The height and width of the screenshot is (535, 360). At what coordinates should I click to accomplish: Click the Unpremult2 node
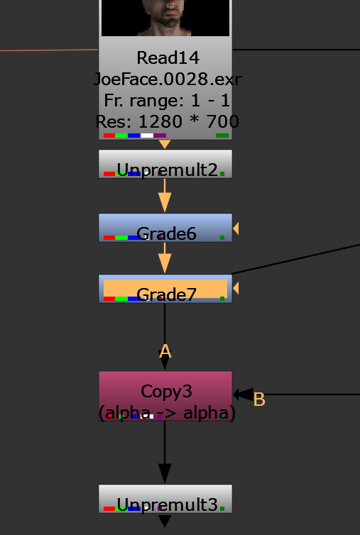(x=165, y=164)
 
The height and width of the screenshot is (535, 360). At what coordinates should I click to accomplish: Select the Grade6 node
(x=165, y=228)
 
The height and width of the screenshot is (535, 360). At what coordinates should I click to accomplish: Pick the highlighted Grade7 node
(x=165, y=289)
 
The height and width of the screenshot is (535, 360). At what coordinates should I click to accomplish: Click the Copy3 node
(x=165, y=396)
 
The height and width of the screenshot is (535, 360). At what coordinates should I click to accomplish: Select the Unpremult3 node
(x=165, y=499)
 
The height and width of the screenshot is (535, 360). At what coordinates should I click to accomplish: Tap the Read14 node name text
(x=168, y=58)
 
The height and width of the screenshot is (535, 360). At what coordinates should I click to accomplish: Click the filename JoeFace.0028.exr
(x=168, y=79)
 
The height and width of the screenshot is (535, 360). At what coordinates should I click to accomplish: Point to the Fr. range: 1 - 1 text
(x=167, y=100)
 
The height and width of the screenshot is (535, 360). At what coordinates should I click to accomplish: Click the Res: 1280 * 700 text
(x=167, y=121)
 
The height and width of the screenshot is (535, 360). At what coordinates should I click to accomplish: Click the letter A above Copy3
(x=165, y=351)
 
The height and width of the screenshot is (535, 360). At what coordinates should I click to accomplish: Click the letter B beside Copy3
(x=259, y=399)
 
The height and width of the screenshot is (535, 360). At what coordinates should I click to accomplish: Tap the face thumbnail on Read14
(x=165, y=18)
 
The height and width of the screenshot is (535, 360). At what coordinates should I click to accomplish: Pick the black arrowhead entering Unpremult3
(x=165, y=473)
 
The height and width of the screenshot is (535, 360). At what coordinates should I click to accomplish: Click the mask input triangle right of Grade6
(x=236, y=228)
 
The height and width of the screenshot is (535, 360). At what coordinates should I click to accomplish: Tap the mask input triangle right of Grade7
(x=236, y=288)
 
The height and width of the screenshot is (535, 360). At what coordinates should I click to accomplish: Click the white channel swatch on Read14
(x=147, y=136)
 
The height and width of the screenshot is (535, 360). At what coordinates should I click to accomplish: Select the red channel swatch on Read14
(x=109, y=136)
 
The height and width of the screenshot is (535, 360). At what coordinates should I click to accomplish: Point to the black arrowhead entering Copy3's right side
(x=243, y=395)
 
